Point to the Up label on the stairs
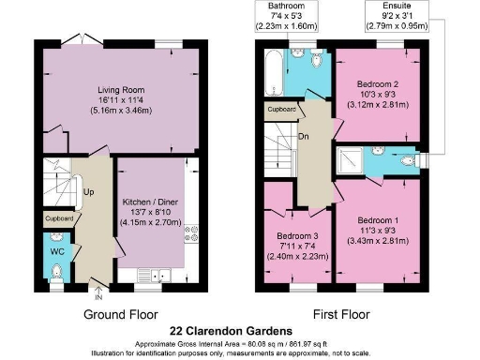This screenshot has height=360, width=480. click(x=90, y=192)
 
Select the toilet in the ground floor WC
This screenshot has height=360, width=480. click(x=57, y=273)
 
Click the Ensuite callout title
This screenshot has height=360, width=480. click(x=387, y=6)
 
